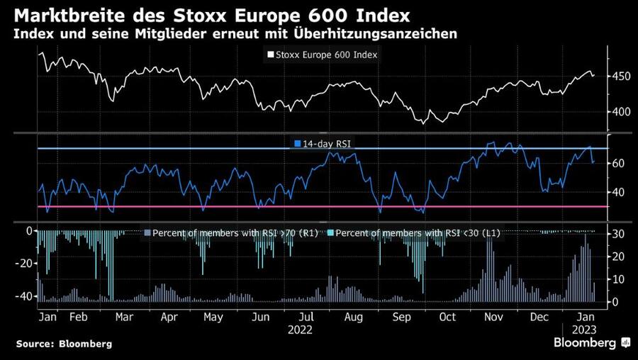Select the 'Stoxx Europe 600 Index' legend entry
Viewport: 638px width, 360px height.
pos(322,55)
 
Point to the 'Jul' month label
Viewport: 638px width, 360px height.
pos(307,317)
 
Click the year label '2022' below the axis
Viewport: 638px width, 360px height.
pos(301,330)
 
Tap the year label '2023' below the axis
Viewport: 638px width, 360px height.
pos(584,330)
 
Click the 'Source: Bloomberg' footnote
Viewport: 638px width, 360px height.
pos(64,344)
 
